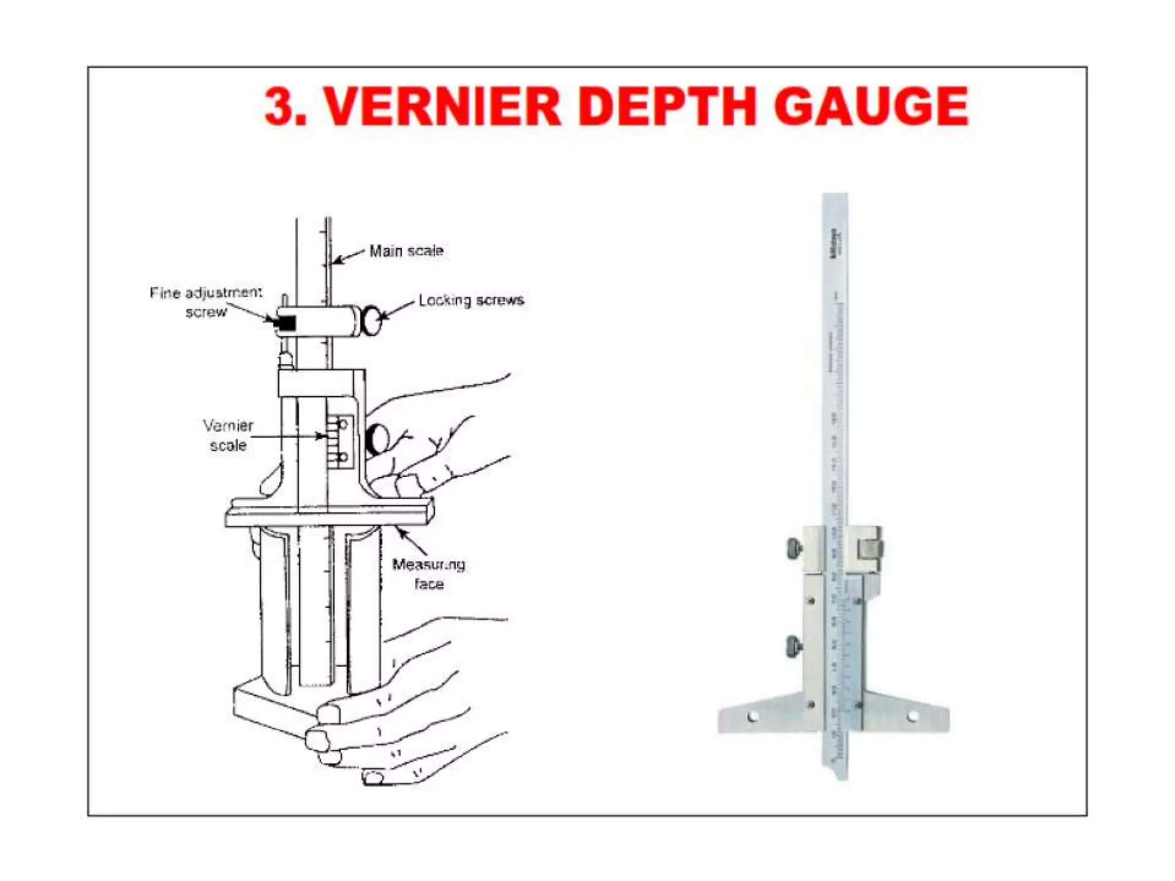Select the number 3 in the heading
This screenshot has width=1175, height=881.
(x=280, y=107)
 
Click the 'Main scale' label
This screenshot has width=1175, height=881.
(x=406, y=251)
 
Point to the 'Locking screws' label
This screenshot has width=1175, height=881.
(x=471, y=300)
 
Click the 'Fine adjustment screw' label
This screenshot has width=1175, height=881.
(x=205, y=302)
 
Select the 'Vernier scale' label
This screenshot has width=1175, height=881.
(x=228, y=435)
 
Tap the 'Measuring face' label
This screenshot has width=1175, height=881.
(x=429, y=574)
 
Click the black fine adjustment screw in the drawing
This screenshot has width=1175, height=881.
(x=285, y=323)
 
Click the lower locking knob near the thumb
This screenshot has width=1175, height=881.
(x=377, y=439)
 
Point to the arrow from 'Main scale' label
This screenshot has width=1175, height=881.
(x=348, y=257)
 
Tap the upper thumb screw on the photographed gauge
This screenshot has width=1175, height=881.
(x=795, y=549)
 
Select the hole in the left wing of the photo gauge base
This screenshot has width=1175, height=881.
(x=753, y=716)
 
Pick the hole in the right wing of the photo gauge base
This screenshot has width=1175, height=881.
(x=912, y=716)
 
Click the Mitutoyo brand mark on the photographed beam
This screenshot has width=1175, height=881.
(x=835, y=244)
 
